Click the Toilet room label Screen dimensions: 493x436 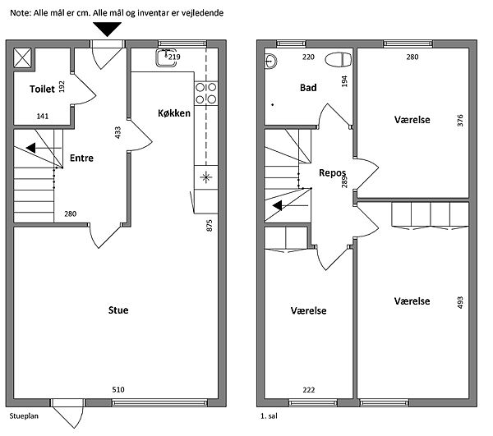(x=42, y=89)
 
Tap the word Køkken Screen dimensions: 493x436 (x=174, y=113)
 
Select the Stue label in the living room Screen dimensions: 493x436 (x=118, y=310)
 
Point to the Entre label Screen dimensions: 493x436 (x=81, y=158)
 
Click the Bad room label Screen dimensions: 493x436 (x=308, y=88)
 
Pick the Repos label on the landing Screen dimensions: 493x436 (x=332, y=172)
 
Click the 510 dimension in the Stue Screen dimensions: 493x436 (x=118, y=389)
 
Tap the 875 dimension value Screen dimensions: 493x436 (x=210, y=226)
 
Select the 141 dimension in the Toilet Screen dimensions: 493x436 (x=43, y=117)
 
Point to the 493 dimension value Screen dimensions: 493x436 (x=460, y=302)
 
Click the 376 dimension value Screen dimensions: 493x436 (x=460, y=121)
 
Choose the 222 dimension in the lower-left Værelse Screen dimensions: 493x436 (x=309, y=390)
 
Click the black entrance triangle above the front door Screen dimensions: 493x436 (x=107, y=29)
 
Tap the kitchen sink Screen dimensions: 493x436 (x=166, y=57)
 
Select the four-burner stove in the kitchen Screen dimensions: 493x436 (x=206, y=94)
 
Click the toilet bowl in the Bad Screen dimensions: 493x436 (x=338, y=60)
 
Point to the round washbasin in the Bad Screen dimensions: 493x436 (x=270, y=61)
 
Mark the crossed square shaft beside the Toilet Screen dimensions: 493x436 (x=22, y=57)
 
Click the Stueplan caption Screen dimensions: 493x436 (x=24, y=416)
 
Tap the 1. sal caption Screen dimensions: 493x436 (x=269, y=416)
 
